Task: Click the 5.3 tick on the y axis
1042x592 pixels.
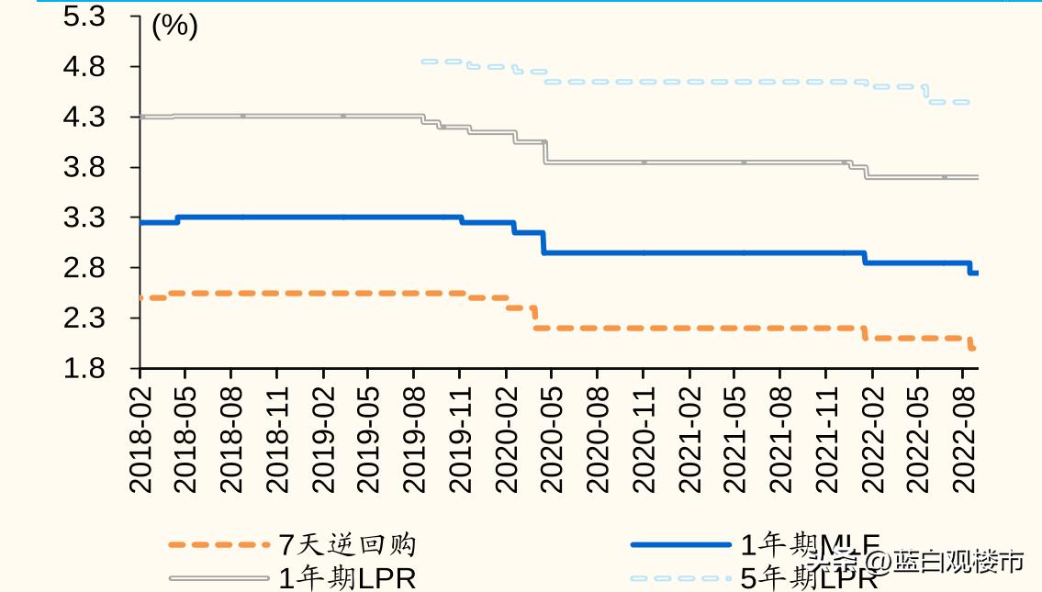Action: point(84,17)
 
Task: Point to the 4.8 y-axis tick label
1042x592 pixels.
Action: point(84,67)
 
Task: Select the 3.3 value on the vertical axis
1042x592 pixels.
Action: point(84,218)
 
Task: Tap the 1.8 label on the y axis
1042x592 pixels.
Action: point(84,369)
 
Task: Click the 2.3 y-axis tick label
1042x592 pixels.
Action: point(84,318)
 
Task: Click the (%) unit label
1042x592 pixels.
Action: point(174,27)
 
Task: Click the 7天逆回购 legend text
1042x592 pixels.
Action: point(347,545)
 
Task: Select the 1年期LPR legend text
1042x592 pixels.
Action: point(347,578)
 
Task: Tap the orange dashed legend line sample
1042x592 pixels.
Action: point(219,545)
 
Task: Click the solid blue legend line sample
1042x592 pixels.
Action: point(680,545)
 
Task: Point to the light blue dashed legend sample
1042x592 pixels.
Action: point(680,578)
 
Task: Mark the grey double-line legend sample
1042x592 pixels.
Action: point(219,578)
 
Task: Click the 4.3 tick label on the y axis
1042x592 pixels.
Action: point(84,117)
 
